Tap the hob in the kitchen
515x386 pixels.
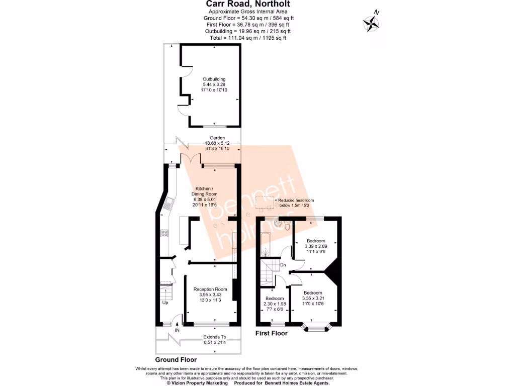pos(164,233)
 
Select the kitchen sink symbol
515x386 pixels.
pos(169,203)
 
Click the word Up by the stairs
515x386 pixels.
pos(165,303)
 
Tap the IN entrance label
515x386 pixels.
pos(177,330)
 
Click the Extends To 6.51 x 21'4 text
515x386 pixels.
pos(214,340)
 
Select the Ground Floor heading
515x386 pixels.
pos(176,360)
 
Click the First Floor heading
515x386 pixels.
pos(271,333)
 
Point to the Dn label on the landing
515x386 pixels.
pos(283,265)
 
